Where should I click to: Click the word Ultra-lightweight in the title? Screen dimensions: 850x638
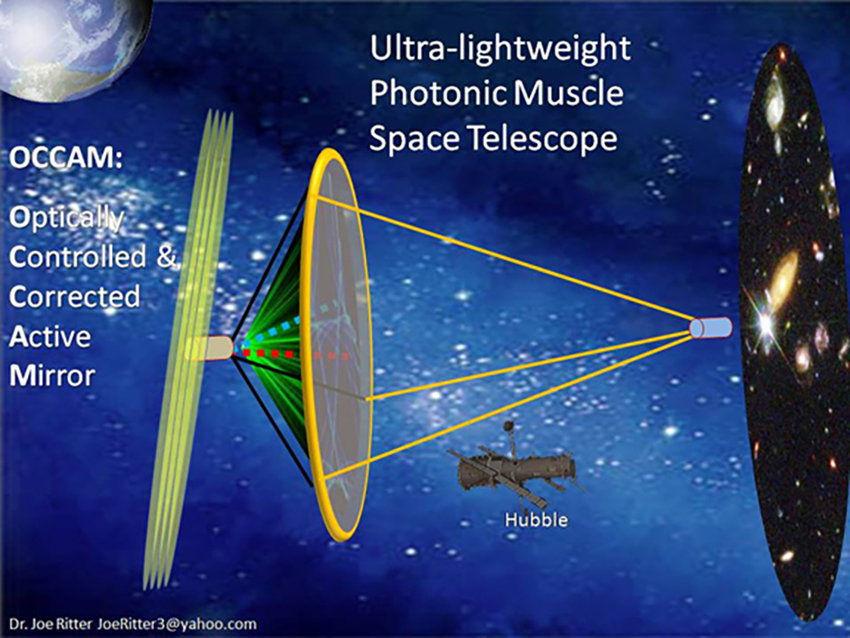[500, 49]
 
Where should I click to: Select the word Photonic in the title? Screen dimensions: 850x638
[438, 93]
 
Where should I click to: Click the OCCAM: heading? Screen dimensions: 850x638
[65, 158]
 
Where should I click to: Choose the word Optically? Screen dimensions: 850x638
[67, 219]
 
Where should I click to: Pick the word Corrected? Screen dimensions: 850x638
[74, 297]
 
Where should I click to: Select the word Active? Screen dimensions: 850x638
[50, 337]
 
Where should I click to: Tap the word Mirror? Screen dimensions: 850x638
[52, 376]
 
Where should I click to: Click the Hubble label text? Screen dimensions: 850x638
[536, 520]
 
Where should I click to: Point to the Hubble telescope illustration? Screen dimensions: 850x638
[515, 467]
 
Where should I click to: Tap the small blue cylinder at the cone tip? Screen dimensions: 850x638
[710, 328]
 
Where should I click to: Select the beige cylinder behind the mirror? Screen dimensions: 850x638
[211, 349]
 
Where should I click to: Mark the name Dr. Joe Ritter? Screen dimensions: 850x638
[51, 624]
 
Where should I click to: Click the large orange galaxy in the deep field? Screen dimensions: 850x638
[784, 280]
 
